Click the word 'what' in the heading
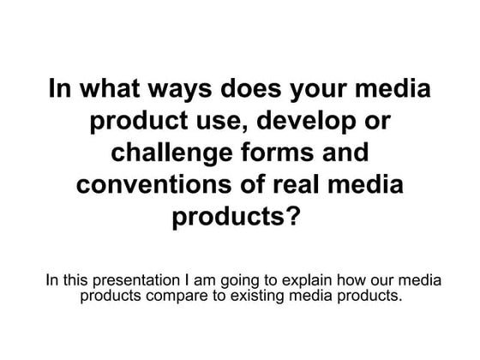click(108, 90)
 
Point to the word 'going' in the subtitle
click(244, 280)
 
